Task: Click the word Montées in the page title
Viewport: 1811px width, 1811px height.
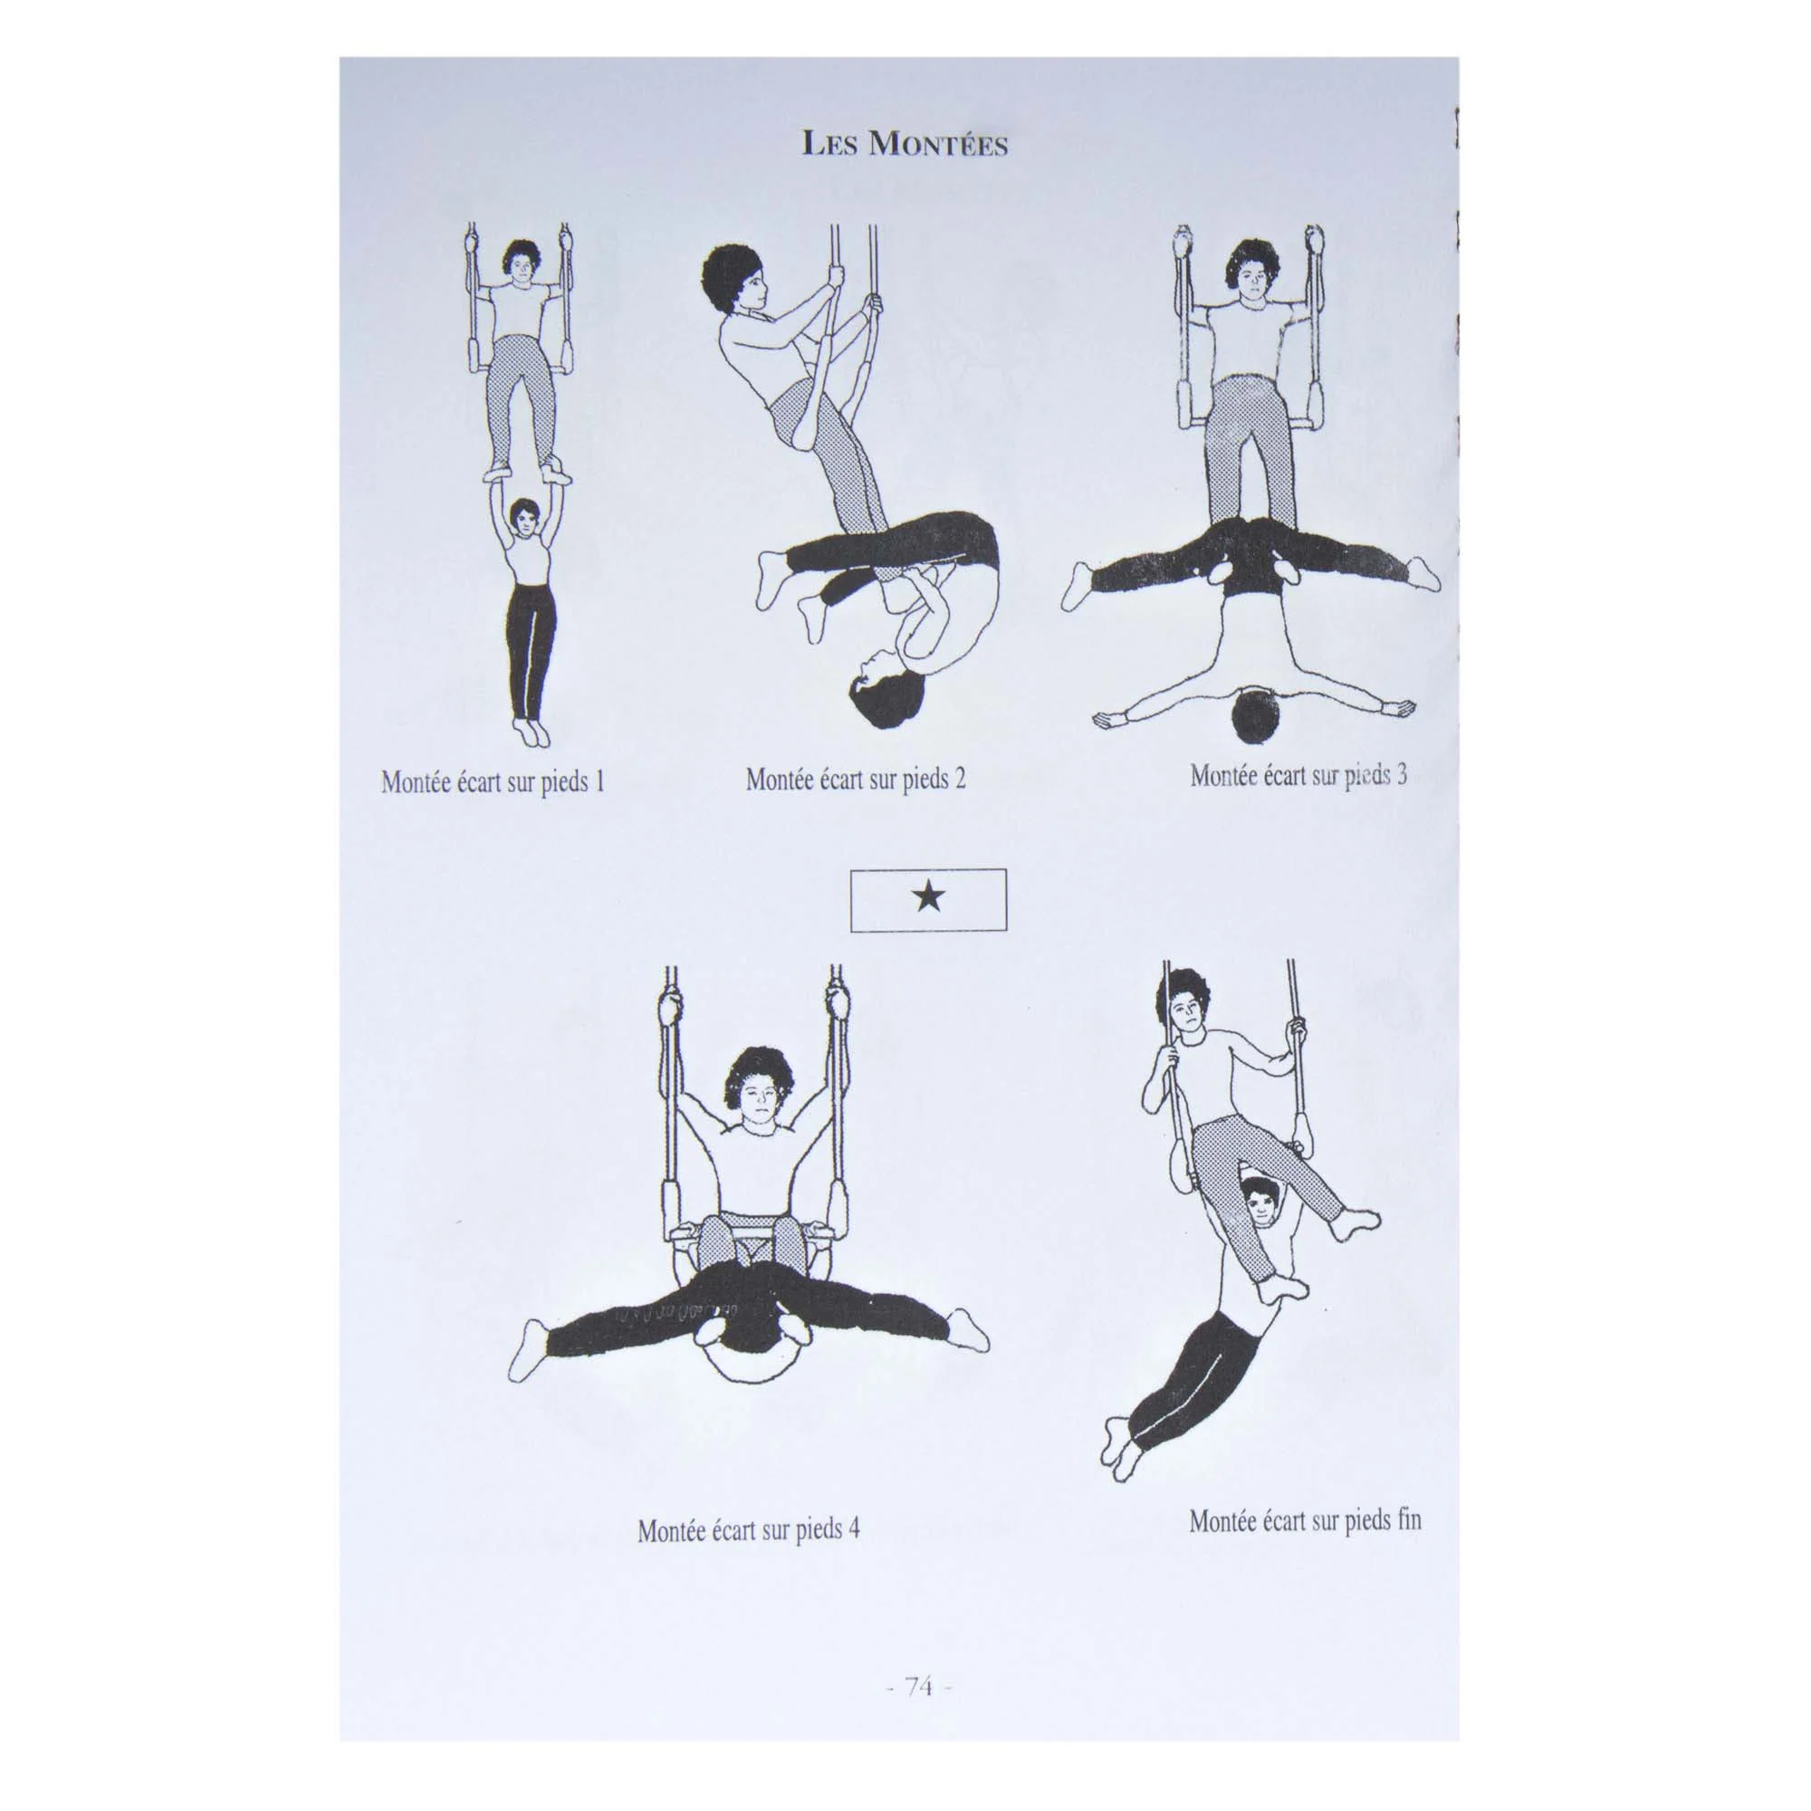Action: click(937, 145)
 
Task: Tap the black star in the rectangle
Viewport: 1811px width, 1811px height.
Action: click(928, 899)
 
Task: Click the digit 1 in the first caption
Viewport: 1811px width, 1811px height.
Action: click(598, 781)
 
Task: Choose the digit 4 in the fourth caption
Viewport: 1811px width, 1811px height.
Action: click(853, 1528)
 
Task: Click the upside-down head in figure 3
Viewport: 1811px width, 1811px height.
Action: click(1255, 714)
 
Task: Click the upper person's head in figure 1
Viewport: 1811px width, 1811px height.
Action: click(517, 264)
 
